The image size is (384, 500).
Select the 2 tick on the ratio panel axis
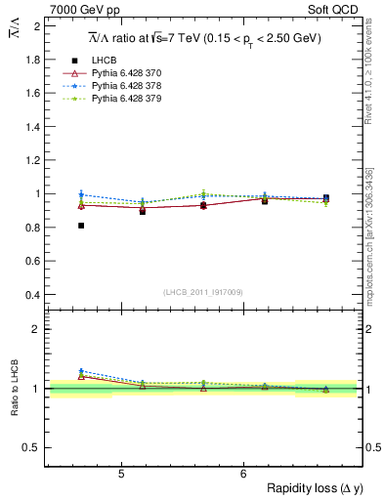coord(36,329)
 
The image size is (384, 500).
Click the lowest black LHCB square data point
coord(81,226)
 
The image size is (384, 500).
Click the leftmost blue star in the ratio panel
coord(81,371)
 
